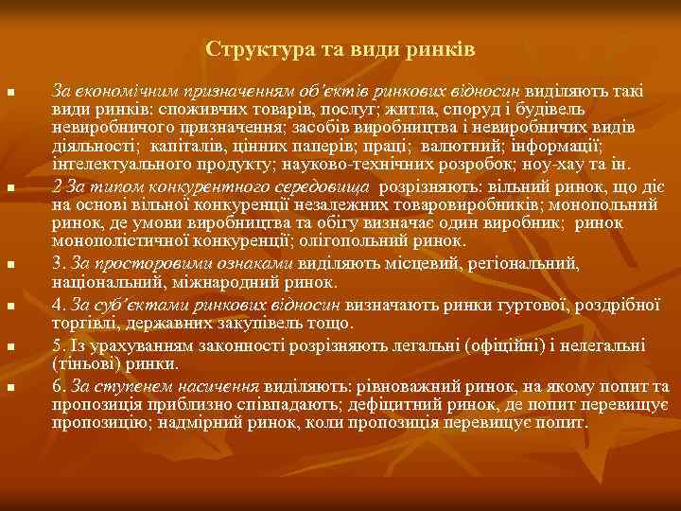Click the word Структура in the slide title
[x=248, y=47]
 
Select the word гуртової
[x=529, y=304]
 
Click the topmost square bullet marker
[x=9, y=93]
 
